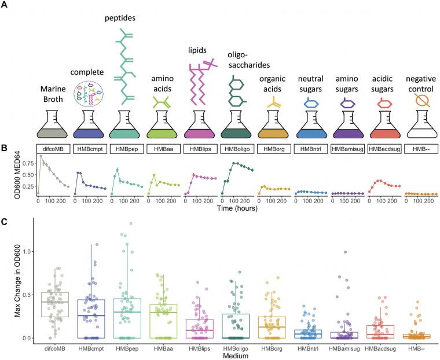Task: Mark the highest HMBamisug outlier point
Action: pos(345,252)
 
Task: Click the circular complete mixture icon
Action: pos(89,95)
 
